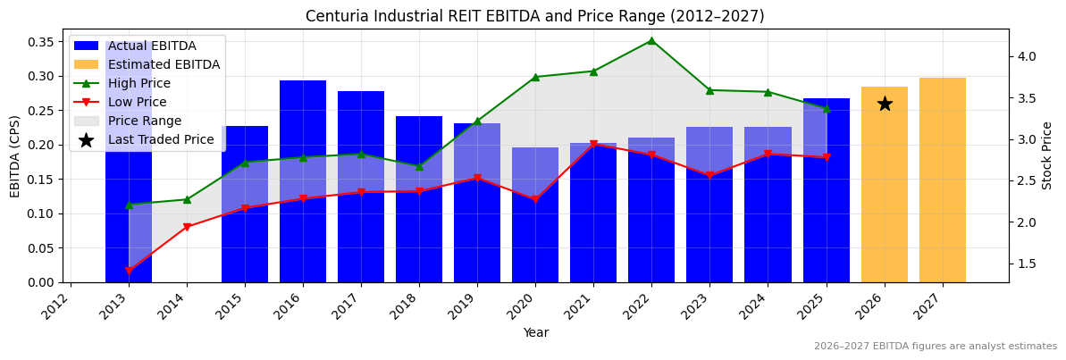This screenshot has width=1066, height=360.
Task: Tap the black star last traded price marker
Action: click(885, 104)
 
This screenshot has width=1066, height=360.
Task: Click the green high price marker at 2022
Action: click(651, 40)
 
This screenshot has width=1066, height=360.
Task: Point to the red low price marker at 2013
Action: click(129, 271)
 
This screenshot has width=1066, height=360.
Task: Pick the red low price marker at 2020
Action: click(535, 200)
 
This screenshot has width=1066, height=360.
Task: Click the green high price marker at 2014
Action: click(187, 199)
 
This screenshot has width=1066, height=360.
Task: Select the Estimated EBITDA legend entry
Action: click(164, 64)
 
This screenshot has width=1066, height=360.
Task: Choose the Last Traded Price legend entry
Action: click(161, 139)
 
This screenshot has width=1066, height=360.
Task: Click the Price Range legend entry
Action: click(144, 121)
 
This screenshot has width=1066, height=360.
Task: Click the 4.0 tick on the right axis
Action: click(1026, 56)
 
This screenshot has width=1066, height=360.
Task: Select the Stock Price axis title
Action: click(1047, 155)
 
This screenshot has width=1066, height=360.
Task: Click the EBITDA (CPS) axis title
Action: click(15, 155)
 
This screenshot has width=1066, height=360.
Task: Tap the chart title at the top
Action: click(534, 16)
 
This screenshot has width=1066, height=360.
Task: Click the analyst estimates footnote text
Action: click(935, 347)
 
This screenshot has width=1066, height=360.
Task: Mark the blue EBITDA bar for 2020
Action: click(535, 215)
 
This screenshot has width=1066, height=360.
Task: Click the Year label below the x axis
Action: click(535, 332)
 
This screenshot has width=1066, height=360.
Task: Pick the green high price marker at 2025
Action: click(827, 108)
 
